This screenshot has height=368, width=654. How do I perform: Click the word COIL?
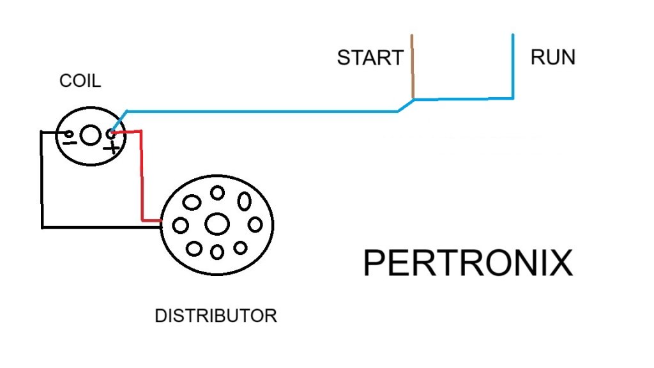coord(80,81)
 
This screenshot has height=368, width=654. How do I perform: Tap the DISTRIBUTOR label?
coord(216,316)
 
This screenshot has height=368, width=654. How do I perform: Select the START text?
coord(370,57)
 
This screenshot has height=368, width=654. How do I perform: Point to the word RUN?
coord(552,57)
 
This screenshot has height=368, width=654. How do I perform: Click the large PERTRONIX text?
coord(468,263)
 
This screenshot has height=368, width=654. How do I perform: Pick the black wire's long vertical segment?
coord(42,179)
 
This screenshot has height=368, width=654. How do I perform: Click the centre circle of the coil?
coord(91,135)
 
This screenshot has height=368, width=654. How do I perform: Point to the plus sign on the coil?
coord(113,148)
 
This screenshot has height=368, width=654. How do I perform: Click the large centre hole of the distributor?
coord(217,224)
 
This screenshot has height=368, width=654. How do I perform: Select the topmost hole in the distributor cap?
coord(217,192)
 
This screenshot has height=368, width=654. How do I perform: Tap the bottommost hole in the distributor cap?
coord(217,252)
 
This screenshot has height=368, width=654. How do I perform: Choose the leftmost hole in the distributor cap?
coord(181,225)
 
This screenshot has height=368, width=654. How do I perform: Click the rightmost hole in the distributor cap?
coord(255,224)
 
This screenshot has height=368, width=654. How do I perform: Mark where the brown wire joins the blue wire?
coord(413,99)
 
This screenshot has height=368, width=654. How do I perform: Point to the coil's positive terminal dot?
coord(111,134)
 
